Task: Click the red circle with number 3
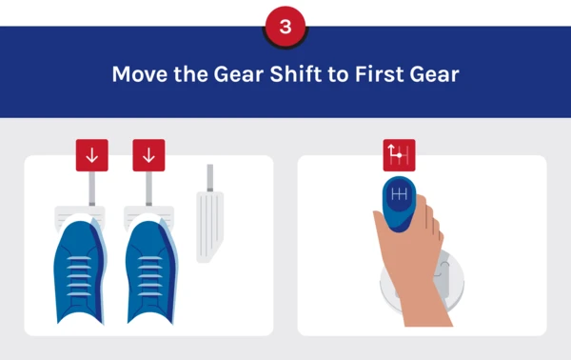[x=285, y=27]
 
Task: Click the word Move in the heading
[x=140, y=74]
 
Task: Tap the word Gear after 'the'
[x=239, y=74]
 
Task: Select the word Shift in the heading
[x=296, y=73]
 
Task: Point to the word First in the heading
[x=379, y=74]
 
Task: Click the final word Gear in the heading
[x=434, y=74]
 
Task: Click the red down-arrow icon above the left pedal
[x=91, y=155]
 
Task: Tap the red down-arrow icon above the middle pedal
[x=148, y=155]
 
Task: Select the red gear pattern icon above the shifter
[x=399, y=155]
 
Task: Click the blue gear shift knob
[x=399, y=204]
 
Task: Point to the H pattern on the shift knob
[x=399, y=194]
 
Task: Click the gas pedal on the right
[x=209, y=227]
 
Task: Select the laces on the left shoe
[x=79, y=276]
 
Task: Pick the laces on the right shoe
[x=149, y=276]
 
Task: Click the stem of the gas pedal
[x=210, y=178]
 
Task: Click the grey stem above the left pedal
[x=92, y=189]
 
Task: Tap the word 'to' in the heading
[x=338, y=74]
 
